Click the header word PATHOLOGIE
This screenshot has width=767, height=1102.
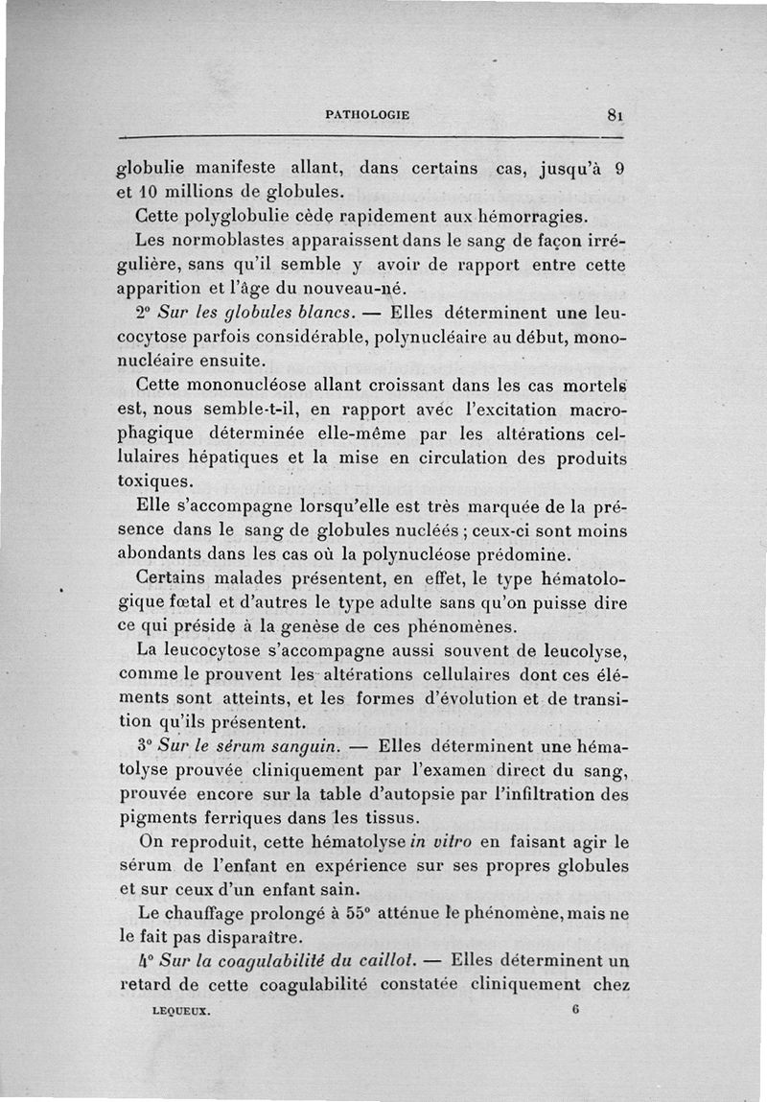tap(367, 114)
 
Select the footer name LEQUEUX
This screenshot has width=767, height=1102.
tap(181, 1010)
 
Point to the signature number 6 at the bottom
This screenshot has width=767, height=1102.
tap(575, 1009)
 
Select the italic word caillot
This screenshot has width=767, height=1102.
tap(383, 961)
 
